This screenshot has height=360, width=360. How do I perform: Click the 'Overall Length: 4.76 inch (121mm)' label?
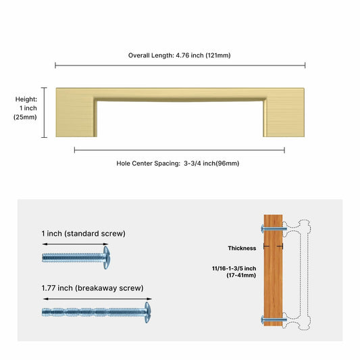[x=180, y=55]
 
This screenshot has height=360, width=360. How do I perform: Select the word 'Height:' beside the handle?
[x=26, y=99]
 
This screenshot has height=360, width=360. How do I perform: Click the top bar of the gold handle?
[x=180, y=93]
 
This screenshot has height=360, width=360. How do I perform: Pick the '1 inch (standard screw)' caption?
[x=83, y=234]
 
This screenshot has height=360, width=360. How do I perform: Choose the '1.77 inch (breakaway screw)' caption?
[x=93, y=288]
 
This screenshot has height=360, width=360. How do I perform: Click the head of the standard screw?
[x=105, y=257]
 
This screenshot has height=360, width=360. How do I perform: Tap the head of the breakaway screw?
[x=147, y=311]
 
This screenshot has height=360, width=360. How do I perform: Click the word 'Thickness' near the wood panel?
[x=242, y=248]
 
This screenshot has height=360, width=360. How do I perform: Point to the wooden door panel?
[x=274, y=270]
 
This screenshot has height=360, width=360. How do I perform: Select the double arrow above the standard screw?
[x=74, y=244]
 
